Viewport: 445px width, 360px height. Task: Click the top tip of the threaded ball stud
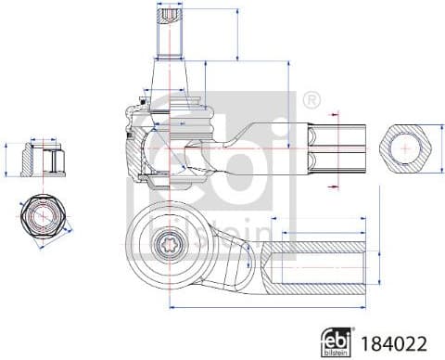[171, 7]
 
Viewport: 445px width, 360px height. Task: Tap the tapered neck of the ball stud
[171, 74]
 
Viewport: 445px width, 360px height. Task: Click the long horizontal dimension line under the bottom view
[269, 306]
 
